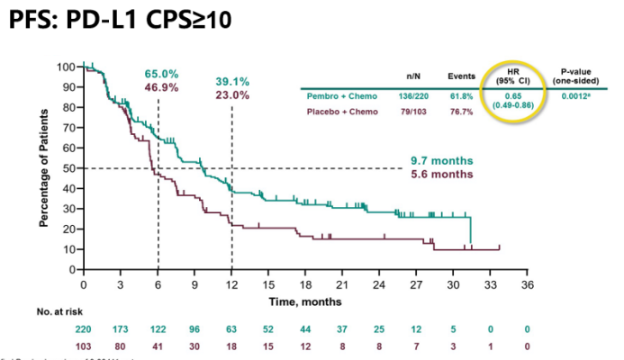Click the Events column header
click(461, 77)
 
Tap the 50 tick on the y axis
click(68, 168)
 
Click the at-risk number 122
click(158, 329)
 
